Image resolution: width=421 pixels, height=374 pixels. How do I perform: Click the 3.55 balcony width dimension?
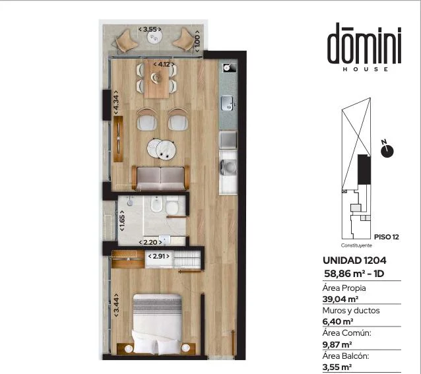[x=150, y=29]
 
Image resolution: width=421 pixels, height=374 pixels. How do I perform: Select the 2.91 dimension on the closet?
[x=159, y=256]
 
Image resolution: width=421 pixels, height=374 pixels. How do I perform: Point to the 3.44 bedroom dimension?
[x=116, y=305]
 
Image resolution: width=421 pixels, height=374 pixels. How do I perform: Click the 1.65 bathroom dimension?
[x=122, y=220]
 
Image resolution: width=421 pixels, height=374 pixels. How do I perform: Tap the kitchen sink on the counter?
[x=228, y=103]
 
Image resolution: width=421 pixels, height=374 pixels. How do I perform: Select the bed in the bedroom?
[x=157, y=324]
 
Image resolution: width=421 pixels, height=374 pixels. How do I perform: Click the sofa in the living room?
[x=161, y=178]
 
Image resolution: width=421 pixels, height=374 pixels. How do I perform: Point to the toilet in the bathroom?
[x=172, y=206]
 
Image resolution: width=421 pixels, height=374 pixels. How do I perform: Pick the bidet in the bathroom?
[x=156, y=204]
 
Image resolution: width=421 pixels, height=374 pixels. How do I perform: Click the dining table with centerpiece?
[x=156, y=79]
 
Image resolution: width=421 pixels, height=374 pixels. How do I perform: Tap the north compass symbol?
[x=387, y=151]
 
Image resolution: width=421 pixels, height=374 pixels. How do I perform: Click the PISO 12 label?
[x=387, y=237]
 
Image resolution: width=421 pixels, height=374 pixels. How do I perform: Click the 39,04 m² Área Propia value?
[x=340, y=299]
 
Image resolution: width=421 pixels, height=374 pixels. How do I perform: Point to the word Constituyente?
[x=356, y=245]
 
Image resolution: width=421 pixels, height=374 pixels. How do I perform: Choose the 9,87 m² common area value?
[x=337, y=344]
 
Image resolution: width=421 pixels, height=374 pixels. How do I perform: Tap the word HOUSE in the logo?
[x=366, y=69]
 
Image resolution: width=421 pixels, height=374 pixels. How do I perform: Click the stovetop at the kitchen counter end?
[x=230, y=67]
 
